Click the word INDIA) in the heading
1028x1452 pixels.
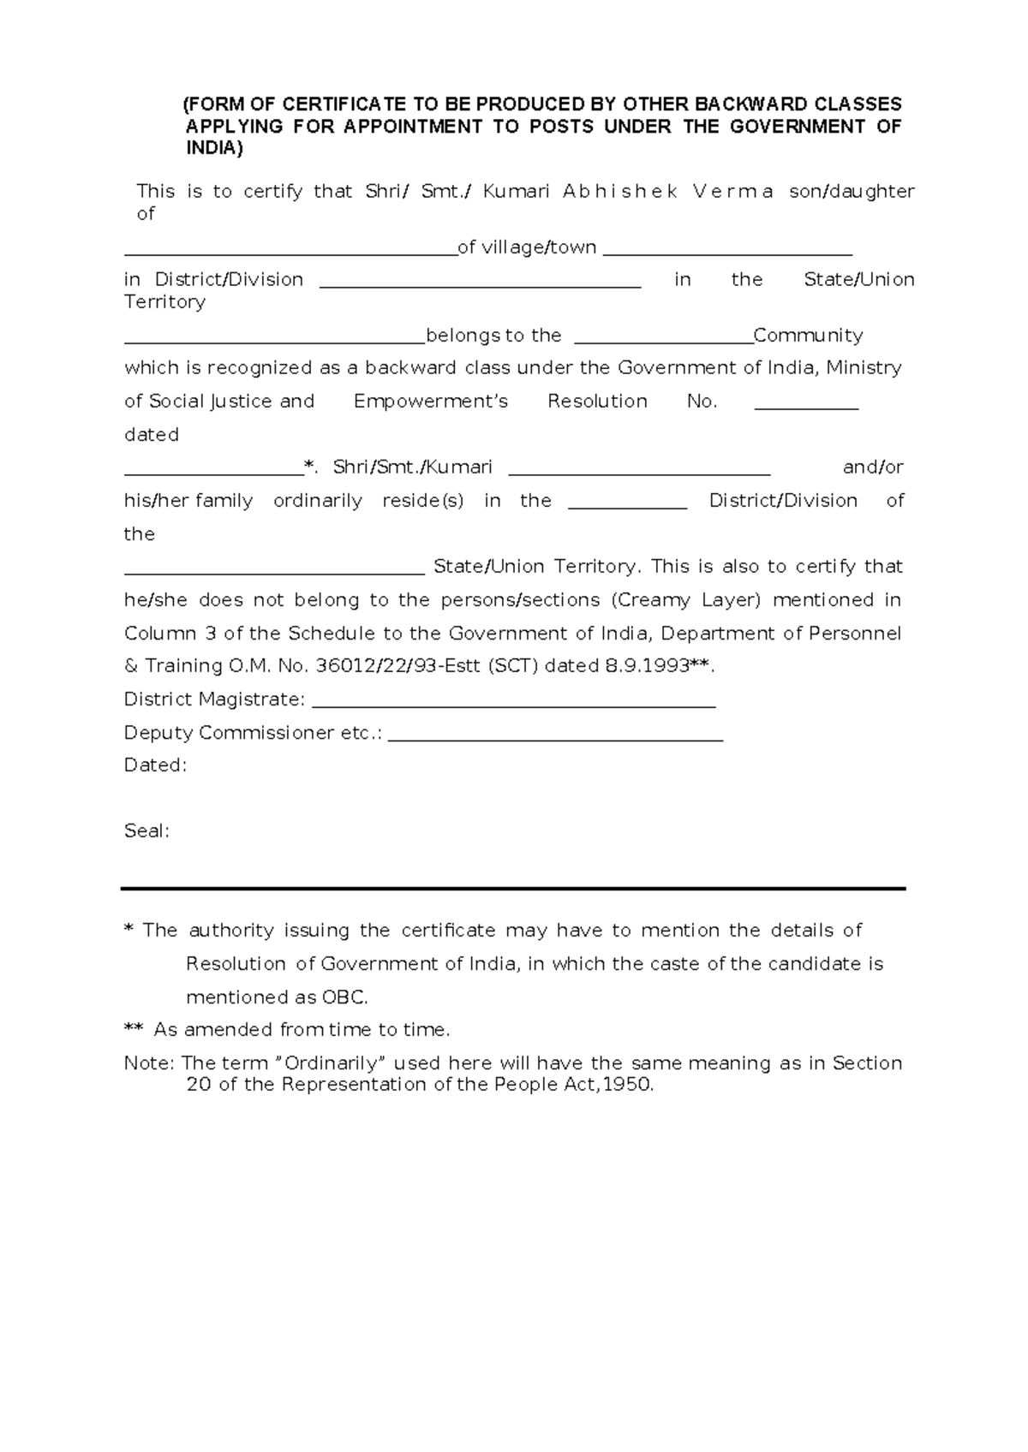coord(214,148)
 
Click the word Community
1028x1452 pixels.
coord(808,336)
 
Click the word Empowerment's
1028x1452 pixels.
coord(431,402)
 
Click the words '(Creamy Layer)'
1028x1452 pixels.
coord(686,600)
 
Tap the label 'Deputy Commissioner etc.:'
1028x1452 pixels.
coord(253,733)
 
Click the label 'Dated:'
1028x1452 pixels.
coord(155,765)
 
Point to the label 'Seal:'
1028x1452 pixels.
coord(146,831)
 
